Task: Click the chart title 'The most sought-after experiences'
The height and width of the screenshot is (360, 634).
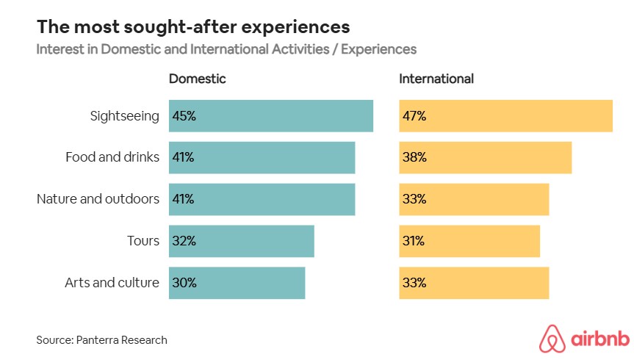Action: click(192, 27)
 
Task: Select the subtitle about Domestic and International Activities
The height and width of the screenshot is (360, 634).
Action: click(226, 50)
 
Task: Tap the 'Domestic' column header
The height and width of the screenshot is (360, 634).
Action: click(197, 79)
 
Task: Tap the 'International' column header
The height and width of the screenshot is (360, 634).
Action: click(436, 79)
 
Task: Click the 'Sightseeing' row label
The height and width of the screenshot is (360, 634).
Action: click(124, 116)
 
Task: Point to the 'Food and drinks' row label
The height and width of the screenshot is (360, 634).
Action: click(112, 157)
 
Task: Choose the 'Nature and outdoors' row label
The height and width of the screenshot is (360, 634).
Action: click(98, 199)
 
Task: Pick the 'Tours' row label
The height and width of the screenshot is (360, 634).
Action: click(143, 241)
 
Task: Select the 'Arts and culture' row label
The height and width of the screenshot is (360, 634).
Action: click(112, 283)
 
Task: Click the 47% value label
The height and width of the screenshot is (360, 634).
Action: click(414, 116)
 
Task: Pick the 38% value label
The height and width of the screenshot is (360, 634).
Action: click(414, 157)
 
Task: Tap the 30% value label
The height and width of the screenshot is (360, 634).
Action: click(184, 283)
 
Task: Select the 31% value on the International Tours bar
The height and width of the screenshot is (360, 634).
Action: click(414, 241)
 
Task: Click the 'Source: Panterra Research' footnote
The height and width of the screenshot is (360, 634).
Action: click(101, 340)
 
